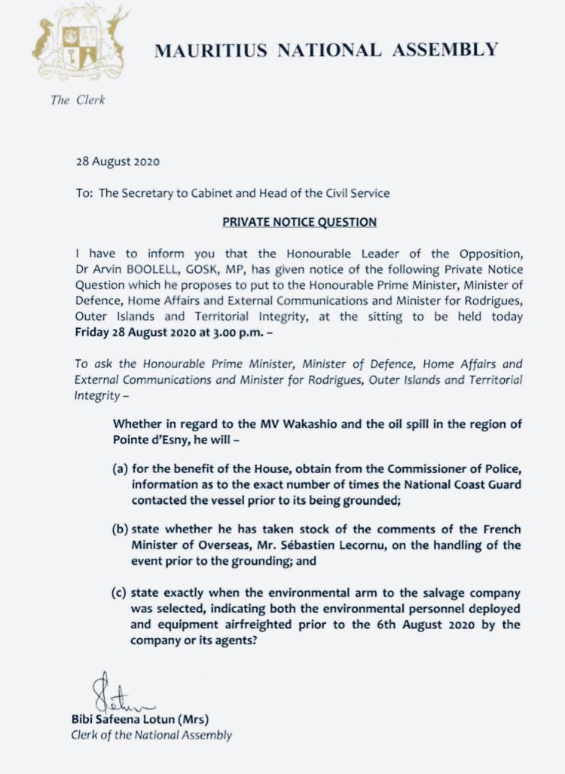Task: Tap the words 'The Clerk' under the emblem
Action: point(78,100)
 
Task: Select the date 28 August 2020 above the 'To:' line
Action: point(118,161)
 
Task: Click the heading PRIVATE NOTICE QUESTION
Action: point(299,223)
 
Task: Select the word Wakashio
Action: point(301,424)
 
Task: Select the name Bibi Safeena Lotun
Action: point(118,719)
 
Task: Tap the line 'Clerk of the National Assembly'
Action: point(151,735)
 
